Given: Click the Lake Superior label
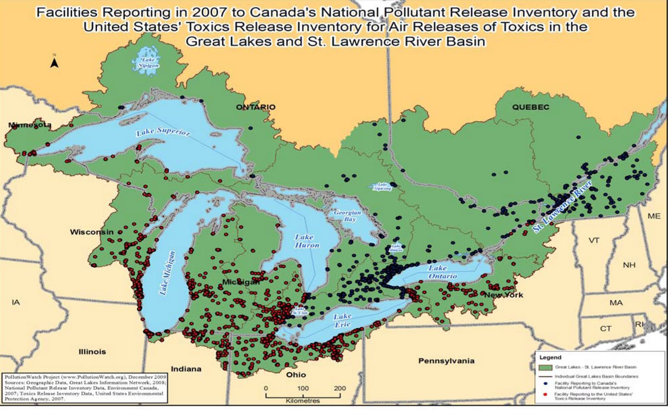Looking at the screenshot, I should tap(163, 132).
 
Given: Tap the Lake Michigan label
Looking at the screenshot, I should tap(167, 273).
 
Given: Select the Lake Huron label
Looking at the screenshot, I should tap(307, 241).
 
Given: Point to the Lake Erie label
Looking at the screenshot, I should tap(342, 320).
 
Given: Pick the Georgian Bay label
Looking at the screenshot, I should tap(347, 216).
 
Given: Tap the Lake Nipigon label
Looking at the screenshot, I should tap(148, 63).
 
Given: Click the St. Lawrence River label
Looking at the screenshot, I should tap(562, 207).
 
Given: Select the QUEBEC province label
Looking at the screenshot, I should tap(531, 107).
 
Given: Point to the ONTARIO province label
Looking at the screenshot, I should tap(256, 107).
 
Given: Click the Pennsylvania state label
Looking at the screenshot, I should tap(446, 361).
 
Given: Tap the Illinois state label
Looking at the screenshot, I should tap(92, 351).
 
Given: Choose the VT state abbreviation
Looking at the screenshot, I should tap(594, 240).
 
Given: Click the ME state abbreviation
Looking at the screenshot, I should tap(654, 216).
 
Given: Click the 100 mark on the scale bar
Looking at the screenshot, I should tap(303, 388).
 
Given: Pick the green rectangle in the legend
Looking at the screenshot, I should tap(545, 367).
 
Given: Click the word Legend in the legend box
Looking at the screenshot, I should tap(550, 357).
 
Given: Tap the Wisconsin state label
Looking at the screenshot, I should tap(91, 232).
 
